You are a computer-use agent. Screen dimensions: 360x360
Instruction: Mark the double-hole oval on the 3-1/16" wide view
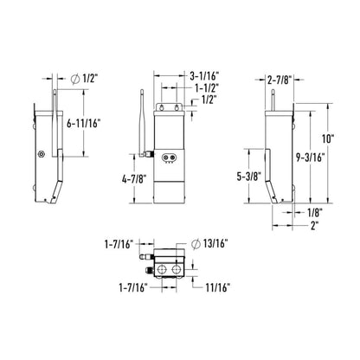click(170, 156)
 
